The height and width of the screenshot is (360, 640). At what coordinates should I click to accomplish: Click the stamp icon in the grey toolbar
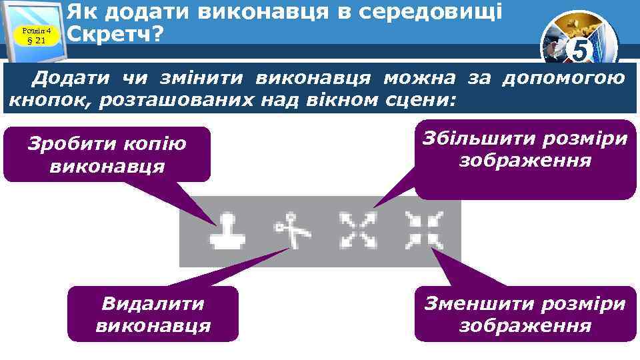pos(226,231)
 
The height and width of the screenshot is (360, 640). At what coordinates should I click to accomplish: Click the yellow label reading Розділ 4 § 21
pos(37,35)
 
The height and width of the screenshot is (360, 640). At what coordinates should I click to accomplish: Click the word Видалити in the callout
pos(153,304)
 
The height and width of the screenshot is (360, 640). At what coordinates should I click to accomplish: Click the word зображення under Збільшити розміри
pos(525,161)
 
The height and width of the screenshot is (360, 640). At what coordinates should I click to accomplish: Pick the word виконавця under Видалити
pos(153,326)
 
